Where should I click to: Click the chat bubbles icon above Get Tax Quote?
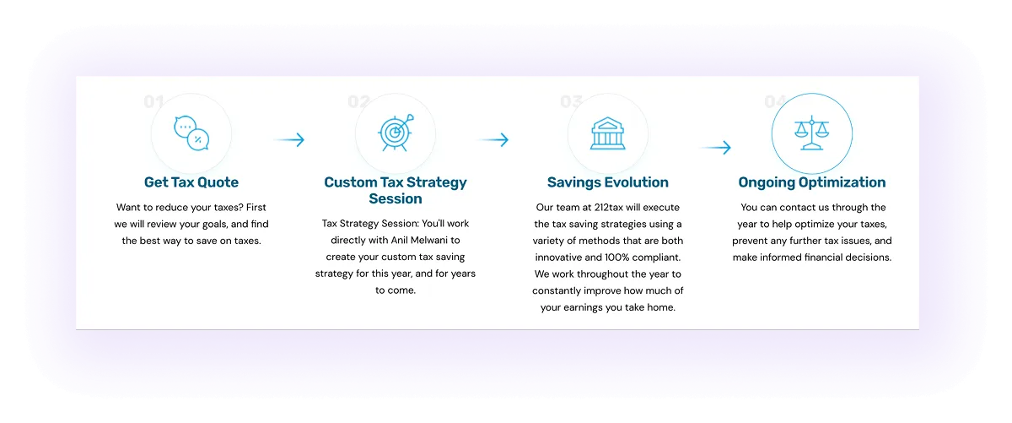(x=191, y=133)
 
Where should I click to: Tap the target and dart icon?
(x=395, y=133)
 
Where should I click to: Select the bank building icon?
(x=607, y=133)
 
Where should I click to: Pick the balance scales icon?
(x=811, y=133)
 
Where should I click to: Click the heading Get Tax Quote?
(x=191, y=182)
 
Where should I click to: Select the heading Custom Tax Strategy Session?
(x=395, y=191)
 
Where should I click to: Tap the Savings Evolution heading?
(x=607, y=182)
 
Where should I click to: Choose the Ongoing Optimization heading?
(x=811, y=182)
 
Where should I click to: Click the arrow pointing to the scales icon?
(x=716, y=148)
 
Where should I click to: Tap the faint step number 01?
(x=153, y=102)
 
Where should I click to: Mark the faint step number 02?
(x=358, y=102)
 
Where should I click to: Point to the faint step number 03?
(x=571, y=102)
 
